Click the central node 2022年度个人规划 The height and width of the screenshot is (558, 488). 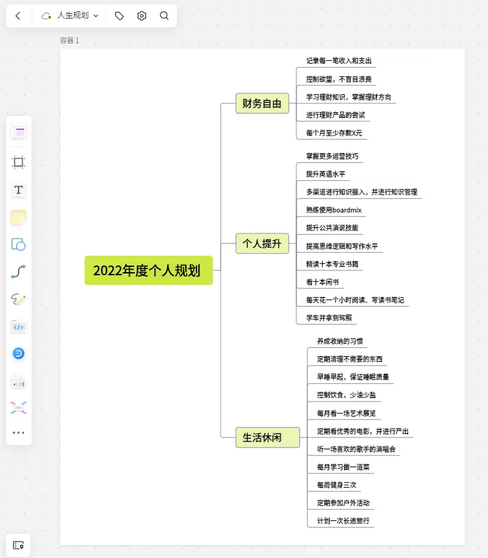149,270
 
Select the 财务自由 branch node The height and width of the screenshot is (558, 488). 262,103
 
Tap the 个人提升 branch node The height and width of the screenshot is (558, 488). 262,243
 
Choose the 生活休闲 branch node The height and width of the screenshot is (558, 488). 268,437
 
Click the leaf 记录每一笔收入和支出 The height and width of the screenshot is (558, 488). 339,61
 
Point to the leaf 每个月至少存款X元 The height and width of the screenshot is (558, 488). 334,133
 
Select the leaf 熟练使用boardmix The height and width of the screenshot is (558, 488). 334,210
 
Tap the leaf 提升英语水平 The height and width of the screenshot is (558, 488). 326,174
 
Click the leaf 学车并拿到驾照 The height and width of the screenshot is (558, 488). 329,317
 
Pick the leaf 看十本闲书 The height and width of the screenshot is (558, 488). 323,282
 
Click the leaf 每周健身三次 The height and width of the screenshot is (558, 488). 337,485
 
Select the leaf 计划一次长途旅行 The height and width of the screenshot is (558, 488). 343,521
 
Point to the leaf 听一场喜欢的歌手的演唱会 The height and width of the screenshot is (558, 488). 356,449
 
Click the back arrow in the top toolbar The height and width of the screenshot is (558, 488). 18,16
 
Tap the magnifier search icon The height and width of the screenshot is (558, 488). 164,16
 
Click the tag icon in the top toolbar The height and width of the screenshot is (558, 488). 119,16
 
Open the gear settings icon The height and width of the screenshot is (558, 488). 142,16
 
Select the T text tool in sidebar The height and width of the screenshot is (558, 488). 19,190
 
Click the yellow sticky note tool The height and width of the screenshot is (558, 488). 19,217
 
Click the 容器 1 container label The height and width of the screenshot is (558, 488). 69,41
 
